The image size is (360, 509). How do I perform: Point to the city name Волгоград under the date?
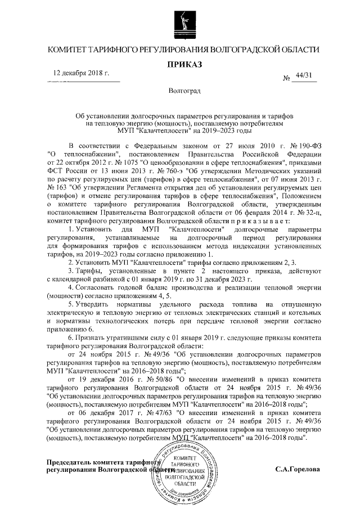point(181,90)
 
